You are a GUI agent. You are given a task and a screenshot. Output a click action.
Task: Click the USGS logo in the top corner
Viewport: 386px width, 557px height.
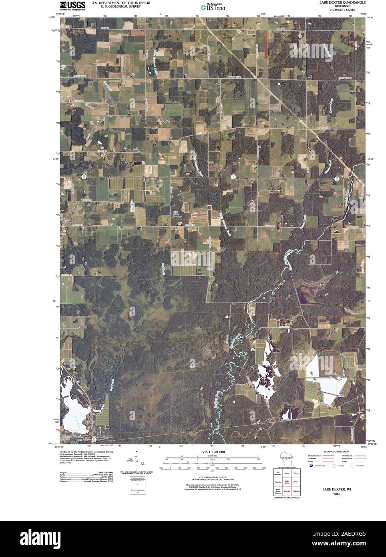pos(72,5)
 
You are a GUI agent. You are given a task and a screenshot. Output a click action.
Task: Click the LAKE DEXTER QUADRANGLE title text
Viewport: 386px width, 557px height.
pos(337,2)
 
